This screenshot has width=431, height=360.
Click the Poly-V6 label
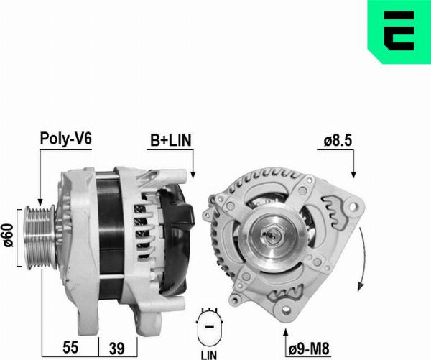(65, 139)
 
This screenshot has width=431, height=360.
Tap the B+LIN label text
(170, 140)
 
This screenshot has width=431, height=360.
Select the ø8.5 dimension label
(338, 141)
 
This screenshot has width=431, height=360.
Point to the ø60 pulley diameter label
(8, 236)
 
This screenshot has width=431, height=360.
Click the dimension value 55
(70, 347)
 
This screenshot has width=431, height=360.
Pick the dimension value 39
(117, 349)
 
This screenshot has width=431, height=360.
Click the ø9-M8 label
(309, 349)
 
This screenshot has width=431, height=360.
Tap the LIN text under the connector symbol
(209, 355)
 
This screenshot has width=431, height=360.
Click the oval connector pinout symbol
(210, 326)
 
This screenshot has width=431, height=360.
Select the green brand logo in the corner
(399, 32)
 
